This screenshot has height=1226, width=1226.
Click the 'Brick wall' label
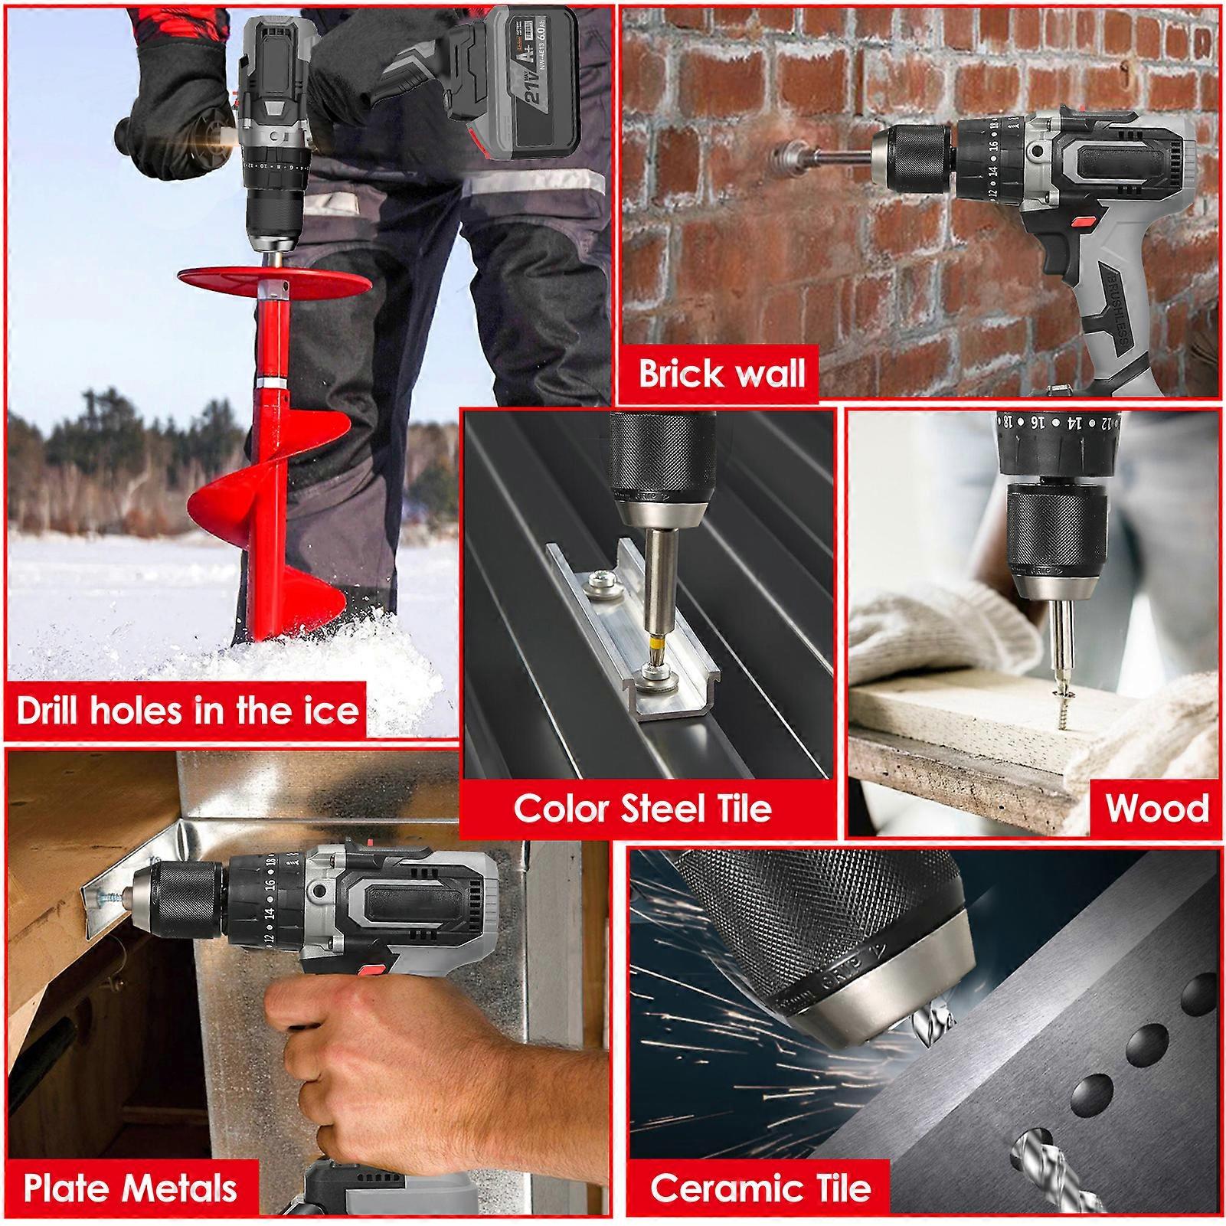[x=722, y=373]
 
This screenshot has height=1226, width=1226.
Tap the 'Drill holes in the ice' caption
[x=188, y=710]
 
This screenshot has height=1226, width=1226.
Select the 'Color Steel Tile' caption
[x=642, y=808]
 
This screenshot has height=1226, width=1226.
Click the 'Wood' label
[x=1156, y=808]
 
